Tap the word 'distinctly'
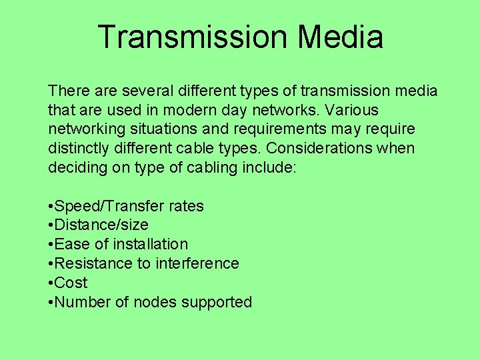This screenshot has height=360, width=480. tap(79, 148)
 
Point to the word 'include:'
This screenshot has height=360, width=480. tap(270, 167)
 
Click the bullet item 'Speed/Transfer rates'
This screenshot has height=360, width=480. tap(129, 207)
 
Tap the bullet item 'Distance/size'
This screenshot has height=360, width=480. tap(101, 225)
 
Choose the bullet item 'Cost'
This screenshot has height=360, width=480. tap(71, 283)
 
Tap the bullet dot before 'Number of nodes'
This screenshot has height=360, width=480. tap(51, 303)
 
